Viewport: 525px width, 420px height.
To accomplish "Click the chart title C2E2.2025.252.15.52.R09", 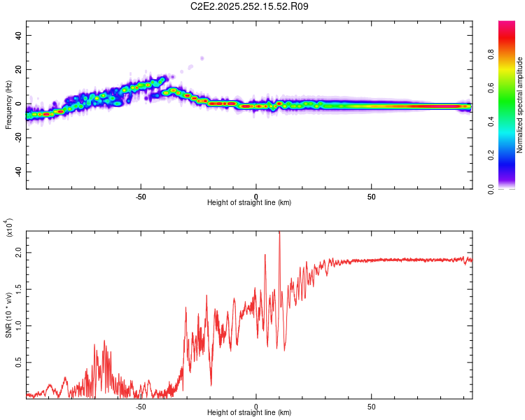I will point(250,7).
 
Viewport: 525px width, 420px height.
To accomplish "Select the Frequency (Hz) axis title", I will point(8,104).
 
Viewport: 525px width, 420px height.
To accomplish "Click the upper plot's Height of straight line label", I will point(249,202).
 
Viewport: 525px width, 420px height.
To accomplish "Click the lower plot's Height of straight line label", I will point(249,412).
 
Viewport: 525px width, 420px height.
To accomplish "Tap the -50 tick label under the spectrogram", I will point(141,196).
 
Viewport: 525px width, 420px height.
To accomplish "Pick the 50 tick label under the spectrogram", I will point(372,196).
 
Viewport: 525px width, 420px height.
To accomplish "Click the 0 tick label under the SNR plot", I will point(256,406).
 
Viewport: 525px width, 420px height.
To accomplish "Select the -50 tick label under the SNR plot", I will point(141,406).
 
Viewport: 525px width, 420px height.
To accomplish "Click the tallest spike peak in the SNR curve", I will point(279,234).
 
